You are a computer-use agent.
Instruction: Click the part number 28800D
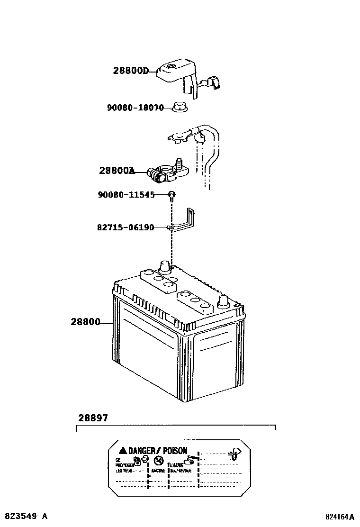(131, 71)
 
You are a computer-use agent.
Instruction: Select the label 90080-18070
(135, 108)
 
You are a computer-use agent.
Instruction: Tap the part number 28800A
(117, 171)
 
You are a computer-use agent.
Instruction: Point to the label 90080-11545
(126, 194)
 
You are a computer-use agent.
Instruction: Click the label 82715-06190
(126, 227)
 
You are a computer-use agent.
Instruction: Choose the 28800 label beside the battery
(86, 322)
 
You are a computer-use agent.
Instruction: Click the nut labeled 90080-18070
(179, 108)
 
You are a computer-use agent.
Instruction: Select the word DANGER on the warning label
(141, 451)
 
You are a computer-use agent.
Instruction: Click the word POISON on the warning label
(175, 451)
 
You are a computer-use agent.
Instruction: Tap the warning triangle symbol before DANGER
(122, 451)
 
